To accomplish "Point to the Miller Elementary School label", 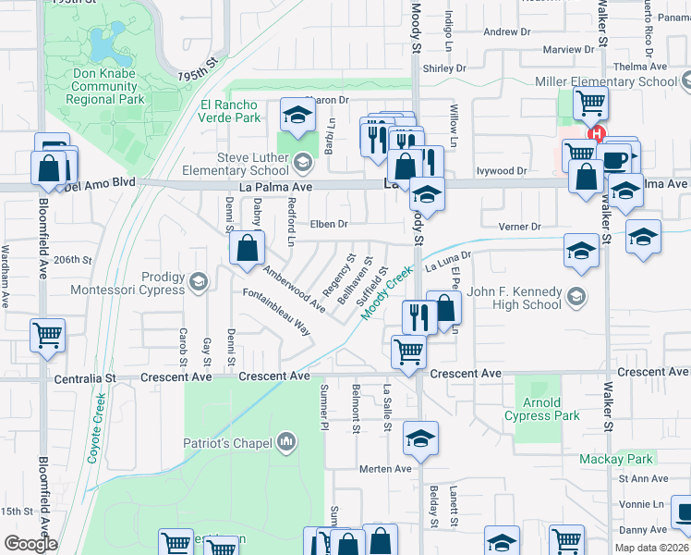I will (606, 81).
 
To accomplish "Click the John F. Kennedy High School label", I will (514, 298).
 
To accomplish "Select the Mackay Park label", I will (615, 459).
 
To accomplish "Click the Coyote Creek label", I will (101, 420).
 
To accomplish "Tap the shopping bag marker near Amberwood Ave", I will (247, 248).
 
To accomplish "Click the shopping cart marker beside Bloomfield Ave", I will (47, 335).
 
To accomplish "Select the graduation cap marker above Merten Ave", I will (420, 438).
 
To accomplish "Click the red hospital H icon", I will (596, 132).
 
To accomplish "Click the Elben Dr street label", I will (329, 224).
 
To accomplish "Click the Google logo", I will (30, 543).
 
